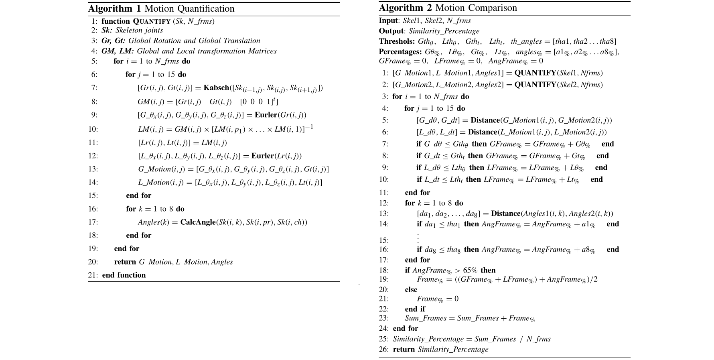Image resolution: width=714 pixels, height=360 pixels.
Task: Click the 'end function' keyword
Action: (124, 275)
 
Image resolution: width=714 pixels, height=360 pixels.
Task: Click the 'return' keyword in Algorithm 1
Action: (125, 262)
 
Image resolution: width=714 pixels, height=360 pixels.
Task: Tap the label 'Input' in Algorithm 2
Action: (388, 20)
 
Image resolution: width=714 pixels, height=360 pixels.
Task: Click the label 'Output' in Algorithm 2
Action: (391, 31)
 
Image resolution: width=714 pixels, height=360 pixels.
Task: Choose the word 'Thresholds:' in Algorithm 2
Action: (397, 41)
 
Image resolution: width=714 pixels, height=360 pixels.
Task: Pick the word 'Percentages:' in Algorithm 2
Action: (400, 52)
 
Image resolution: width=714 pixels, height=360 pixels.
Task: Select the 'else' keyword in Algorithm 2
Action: (411, 289)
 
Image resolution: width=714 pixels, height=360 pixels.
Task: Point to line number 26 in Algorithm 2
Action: (383, 349)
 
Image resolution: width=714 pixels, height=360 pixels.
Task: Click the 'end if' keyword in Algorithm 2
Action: (415, 309)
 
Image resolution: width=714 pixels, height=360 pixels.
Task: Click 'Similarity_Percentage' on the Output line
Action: (444, 31)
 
